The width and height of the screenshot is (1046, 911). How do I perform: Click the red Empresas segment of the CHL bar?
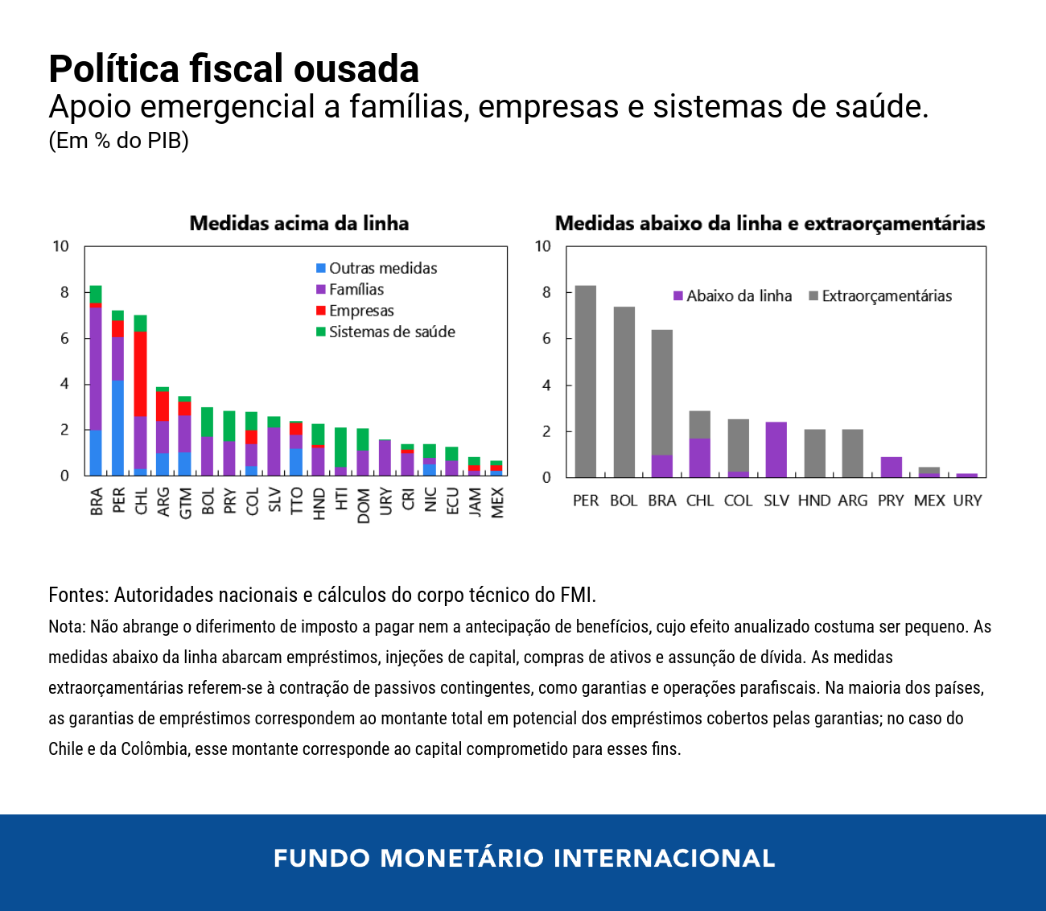point(140,373)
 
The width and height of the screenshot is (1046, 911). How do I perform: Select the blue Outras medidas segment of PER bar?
point(117,427)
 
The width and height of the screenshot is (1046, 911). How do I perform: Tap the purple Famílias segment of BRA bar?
point(96,369)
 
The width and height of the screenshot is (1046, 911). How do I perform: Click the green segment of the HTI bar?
point(340,447)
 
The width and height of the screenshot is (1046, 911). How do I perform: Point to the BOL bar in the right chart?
point(624,392)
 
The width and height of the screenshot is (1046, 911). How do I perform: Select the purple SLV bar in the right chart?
point(776,449)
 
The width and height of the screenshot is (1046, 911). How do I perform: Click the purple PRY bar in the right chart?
point(891,468)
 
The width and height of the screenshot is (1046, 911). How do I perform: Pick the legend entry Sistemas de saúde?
point(391,332)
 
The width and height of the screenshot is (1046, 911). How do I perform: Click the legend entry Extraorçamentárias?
point(886,296)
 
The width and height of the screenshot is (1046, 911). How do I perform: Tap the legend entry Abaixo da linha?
point(738,296)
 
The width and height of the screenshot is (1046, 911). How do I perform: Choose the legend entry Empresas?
point(360,311)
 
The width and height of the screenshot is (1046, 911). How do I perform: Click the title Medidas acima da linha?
point(299,224)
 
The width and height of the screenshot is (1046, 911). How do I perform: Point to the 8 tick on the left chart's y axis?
point(64,292)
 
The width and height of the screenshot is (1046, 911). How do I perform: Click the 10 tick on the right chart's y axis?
point(543,246)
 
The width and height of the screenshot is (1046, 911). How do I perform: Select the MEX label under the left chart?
point(496,503)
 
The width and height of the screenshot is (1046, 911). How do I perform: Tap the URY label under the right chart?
point(967,501)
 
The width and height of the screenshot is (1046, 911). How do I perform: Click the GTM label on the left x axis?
point(185,503)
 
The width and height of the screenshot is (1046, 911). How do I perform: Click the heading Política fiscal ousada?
point(233,69)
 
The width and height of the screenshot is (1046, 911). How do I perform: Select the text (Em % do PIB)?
point(118,141)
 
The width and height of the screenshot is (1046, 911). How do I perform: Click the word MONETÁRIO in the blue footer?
point(462,858)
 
